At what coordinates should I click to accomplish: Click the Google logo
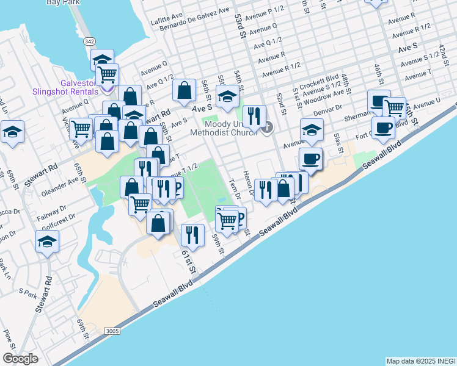20,359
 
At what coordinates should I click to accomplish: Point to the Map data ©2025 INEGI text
420,361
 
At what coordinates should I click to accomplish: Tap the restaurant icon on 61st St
193,235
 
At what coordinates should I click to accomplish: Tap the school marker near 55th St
228,97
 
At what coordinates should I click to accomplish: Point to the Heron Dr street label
250,184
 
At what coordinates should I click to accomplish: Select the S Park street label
28,292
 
